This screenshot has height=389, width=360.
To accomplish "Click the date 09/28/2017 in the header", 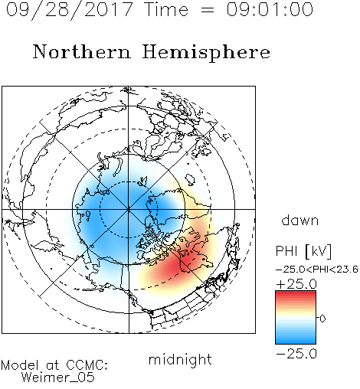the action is (x=70, y=10).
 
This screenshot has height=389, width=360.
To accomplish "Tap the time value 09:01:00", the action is (x=270, y=9).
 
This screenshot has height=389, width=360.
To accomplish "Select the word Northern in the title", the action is (x=82, y=51).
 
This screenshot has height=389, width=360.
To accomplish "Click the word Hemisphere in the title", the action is (x=206, y=52).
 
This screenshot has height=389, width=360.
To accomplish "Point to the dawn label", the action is (x=300, y=221).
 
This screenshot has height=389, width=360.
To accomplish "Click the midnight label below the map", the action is (x=180, y=359).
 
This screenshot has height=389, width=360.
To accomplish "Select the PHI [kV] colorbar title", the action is (x=303, y=251).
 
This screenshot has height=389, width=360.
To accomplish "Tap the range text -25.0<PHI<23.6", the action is (x=317, y=270).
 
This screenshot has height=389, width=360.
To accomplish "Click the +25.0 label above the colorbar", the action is (x=296, y=284).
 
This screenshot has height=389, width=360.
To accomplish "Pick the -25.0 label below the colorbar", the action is (x=296, y=354).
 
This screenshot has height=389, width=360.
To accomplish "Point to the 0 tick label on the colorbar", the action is (x=322, y=319).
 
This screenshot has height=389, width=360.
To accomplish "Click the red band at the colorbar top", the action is (x=296, y=294).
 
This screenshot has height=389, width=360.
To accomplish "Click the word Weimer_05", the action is (x=58, y=378).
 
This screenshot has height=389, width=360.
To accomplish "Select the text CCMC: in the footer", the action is (x=87, y=365).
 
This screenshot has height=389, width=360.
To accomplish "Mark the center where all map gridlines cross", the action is (x=129, y=209).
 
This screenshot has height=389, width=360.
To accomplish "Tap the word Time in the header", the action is (x=166, y=9).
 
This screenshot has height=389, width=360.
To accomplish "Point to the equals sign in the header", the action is (x=208, y=11).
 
